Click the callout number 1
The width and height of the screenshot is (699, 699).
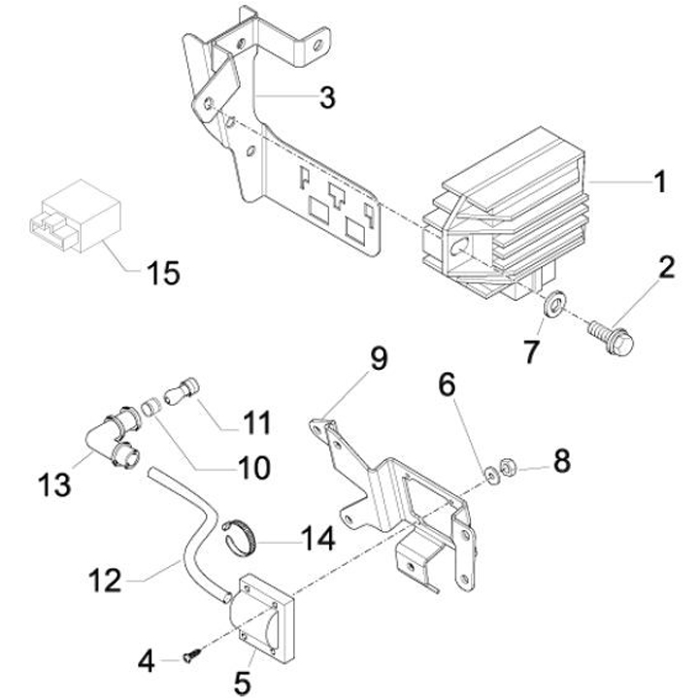point(659,182)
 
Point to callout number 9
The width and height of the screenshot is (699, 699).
point(377,358)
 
